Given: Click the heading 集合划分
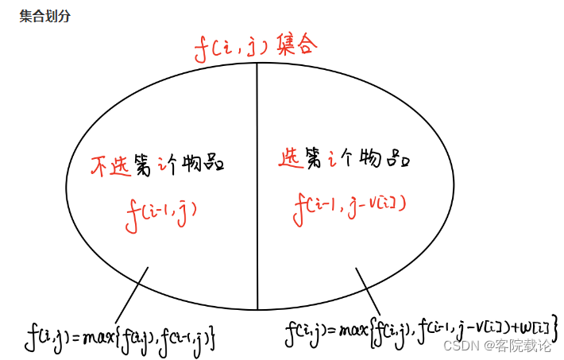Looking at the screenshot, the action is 44,17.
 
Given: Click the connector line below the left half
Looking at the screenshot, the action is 131,294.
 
